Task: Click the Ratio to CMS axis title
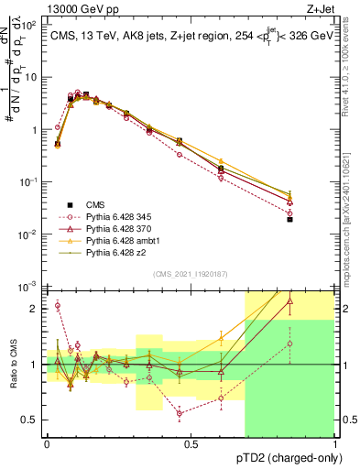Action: pyautogui.click(x=12, y=365)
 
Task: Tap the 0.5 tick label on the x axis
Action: pyautogui.click(x=190, y=444)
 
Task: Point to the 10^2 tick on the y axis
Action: pyautogui.click(x=29, y=24)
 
